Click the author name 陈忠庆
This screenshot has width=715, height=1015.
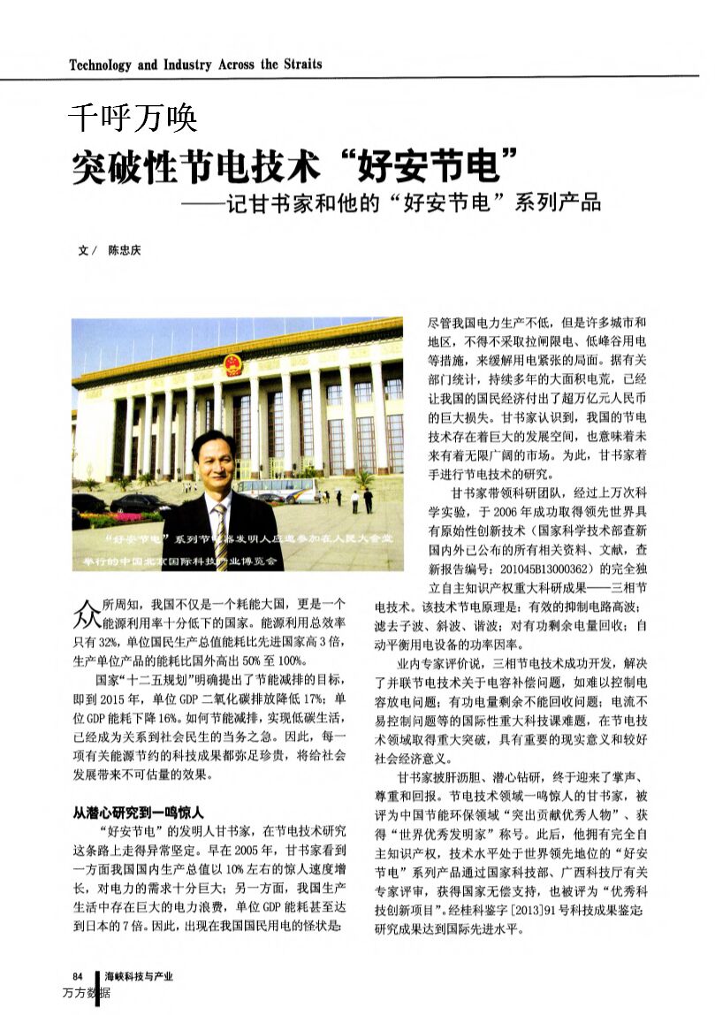[x=124, y=250]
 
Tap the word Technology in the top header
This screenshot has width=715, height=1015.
[x=100, y=65]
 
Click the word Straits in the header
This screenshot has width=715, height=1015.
[x=303, y=65]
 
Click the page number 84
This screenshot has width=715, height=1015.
[x=77, y=977]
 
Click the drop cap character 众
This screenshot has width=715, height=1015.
[x=85, y=611]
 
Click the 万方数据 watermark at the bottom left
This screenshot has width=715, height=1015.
[x=86, y=994]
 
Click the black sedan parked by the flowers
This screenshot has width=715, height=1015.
[x=137, y=504]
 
